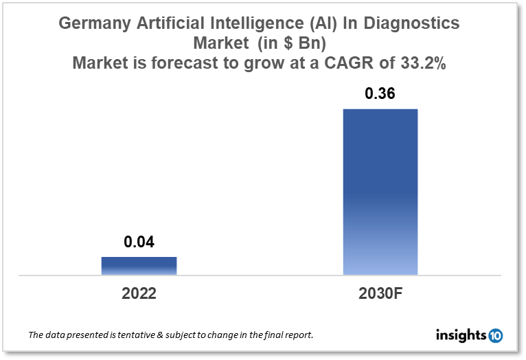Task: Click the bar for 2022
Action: (139, 266)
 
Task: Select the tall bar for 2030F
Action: (380, 192)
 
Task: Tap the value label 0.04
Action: (139, 242)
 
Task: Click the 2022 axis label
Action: (139, 293)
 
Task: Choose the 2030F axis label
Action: (380, 293)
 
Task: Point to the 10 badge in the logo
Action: (495, 336)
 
